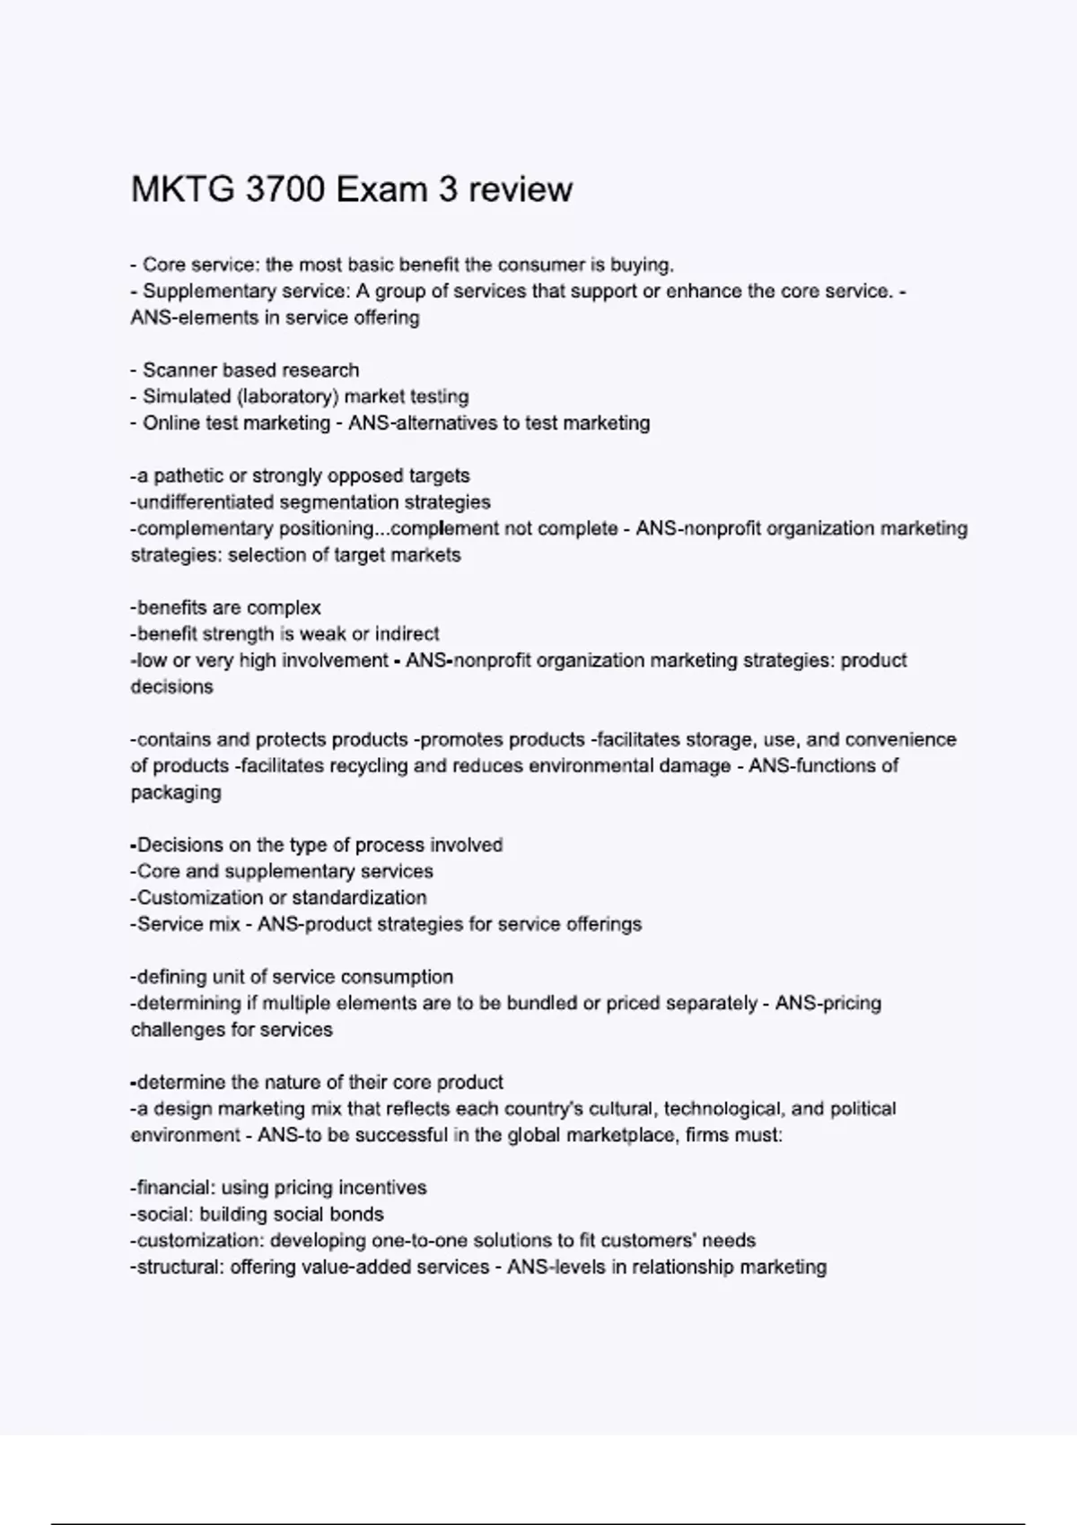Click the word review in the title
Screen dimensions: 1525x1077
pyautogui.click(x=521, y=189)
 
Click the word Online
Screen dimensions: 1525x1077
pyautogui.click(x=171, y=423)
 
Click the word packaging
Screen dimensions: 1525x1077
pyautogui.click(x=176, y=793)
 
